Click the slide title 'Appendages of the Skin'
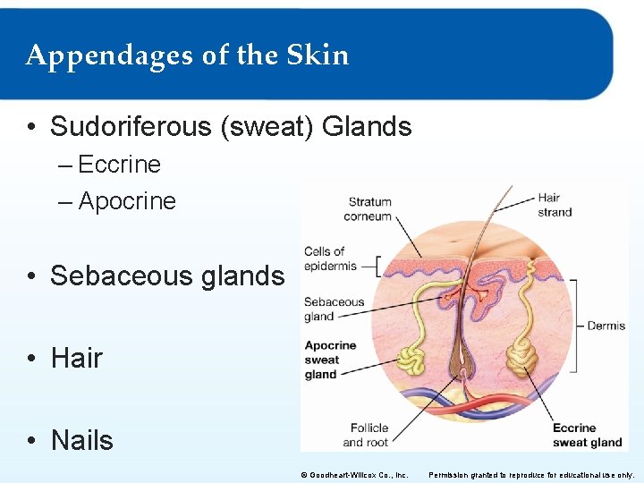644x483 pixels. coord(187,55)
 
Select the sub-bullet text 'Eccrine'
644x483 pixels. coord(119,165)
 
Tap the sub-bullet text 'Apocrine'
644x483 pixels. coord(127,201)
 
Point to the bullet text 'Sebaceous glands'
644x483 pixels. coord(166,276)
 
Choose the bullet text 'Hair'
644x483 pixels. coord(77,358)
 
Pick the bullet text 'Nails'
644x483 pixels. coord(82,440)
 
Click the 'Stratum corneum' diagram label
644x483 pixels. coord(369,208)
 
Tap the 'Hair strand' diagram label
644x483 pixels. coord(555,205)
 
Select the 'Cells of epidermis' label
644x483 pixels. coord(330,258)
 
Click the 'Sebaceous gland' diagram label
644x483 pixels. coord(334,309)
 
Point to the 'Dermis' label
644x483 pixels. coord(606,326)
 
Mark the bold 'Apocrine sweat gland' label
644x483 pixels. coord(330,360)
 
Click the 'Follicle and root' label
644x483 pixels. coord(365,435)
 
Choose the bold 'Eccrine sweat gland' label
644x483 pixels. coord(586,435)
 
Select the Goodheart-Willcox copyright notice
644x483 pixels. coord(354,474)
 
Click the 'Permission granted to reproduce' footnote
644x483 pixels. coord(533,474)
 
